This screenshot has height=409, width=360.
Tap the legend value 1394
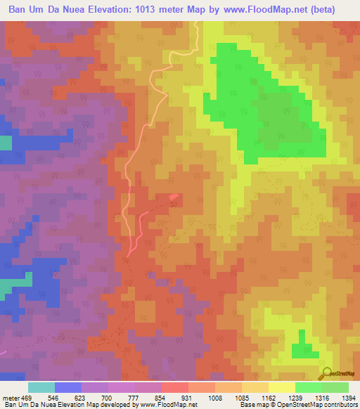click(349, 398)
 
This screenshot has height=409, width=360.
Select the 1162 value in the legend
click(269, 398)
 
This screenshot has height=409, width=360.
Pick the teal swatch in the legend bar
click(41, 387)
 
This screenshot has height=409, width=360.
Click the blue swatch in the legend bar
click(68, 387)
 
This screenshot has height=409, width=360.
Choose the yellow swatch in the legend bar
click(282, 387)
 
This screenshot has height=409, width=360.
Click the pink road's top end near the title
click(197, 23)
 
